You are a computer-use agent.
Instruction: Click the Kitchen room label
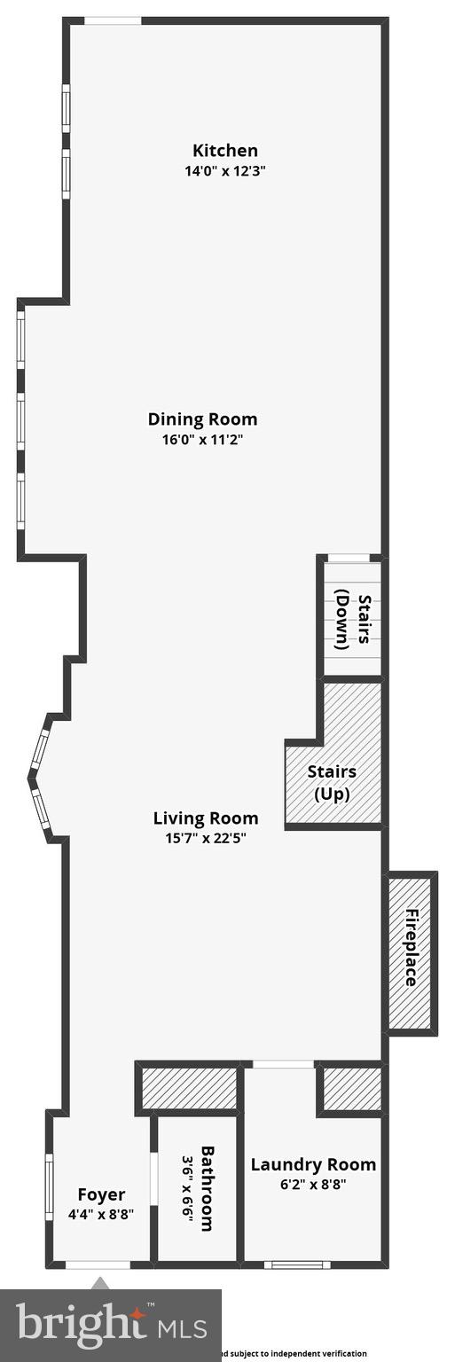tap(225, 151)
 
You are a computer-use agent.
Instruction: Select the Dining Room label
tap(202, 419)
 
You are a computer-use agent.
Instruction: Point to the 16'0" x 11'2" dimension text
tap(202, 439)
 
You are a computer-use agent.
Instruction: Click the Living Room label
tap(206, 818)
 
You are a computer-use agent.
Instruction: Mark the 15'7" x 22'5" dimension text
tap(206, 838)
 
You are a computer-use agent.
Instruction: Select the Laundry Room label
tap(313, 1165)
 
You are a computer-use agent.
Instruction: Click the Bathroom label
tap(207, 1188)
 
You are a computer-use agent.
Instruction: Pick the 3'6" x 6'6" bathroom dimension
tap(187, 1188)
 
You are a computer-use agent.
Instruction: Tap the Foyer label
tap(101, 1195)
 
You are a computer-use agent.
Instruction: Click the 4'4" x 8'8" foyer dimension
tap(101, 1216)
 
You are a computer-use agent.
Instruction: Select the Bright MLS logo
tap(111, 1325)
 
